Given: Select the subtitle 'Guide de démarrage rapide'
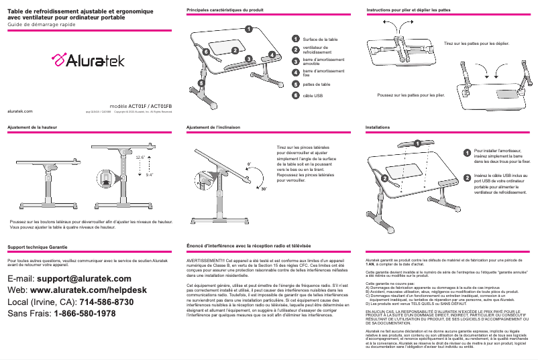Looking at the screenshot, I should pos(41,23).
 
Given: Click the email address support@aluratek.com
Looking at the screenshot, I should pos(84,278).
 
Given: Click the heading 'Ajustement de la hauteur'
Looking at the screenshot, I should pos(32,126).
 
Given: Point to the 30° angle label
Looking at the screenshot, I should pos(264,190).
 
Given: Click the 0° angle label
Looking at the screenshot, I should pos(249,163).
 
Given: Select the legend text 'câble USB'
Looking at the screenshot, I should pos(313,96).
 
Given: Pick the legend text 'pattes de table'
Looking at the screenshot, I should pos(317,84).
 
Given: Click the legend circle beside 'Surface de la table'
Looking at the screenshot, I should pos(296,40).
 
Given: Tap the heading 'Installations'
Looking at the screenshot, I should pos(377,126).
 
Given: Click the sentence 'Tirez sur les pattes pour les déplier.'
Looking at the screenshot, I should pos(476,43).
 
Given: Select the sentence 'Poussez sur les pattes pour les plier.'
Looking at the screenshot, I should pos(411,95).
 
